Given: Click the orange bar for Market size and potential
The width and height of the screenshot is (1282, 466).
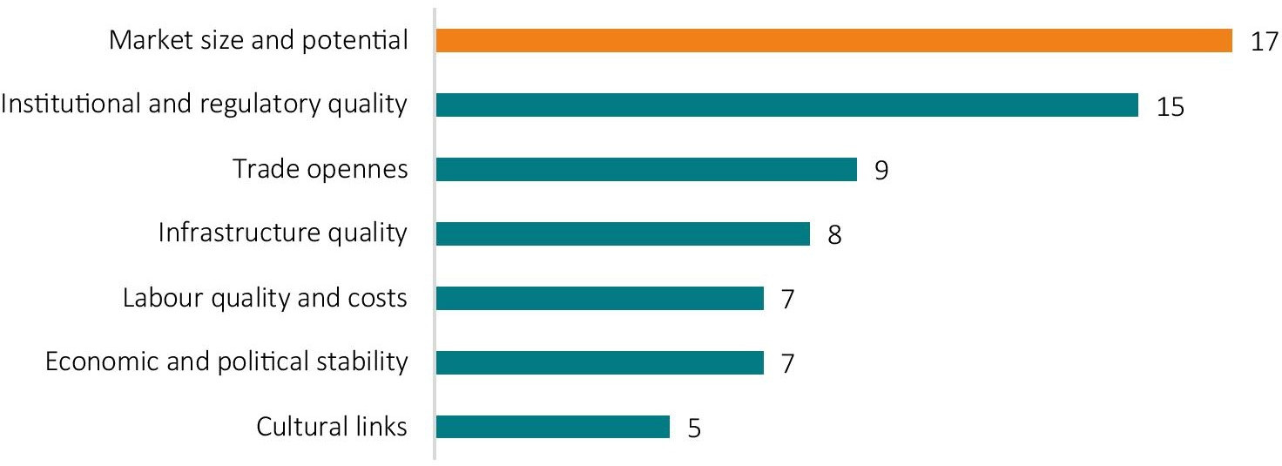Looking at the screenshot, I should [x=833, y=41].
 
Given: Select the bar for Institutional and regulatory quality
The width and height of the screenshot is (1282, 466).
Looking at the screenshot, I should [x=786, y=105].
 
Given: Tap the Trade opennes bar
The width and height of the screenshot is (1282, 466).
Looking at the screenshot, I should [x=645, y=170].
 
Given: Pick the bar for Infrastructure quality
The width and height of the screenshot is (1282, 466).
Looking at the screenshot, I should [x=622, y=234].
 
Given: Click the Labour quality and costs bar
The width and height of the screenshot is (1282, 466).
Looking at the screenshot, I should [x=599, y=299].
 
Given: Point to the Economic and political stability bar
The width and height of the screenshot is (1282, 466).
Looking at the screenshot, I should [x=599, y=363].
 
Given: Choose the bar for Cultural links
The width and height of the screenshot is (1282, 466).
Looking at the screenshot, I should [x=552, y=428].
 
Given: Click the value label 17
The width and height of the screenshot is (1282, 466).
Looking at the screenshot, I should [x=1263, y=42].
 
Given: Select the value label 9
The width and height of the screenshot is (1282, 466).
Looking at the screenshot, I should [x=881, y=171].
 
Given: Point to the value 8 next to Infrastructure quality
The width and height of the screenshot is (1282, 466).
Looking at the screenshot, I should [x=833, y=235].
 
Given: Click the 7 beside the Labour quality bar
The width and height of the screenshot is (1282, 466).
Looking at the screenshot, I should [x=787, y=300].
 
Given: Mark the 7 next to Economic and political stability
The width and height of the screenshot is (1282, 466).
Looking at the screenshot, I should [x=787, y=364].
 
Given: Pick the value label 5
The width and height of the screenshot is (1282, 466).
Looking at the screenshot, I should [x=693, y=429].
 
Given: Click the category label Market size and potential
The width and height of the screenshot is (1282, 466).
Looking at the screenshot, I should [x=259, y=41].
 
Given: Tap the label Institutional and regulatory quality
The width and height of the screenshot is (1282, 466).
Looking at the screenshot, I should [x=204, y=105].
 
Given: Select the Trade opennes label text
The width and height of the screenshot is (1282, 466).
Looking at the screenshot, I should [x=320, y=170].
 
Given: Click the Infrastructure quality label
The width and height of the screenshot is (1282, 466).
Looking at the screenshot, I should [x=283, y=234].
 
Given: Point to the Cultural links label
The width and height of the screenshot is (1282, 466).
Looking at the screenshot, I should [x=332, y=428].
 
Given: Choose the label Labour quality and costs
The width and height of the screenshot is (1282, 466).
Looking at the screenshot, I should [x=265, y=299].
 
